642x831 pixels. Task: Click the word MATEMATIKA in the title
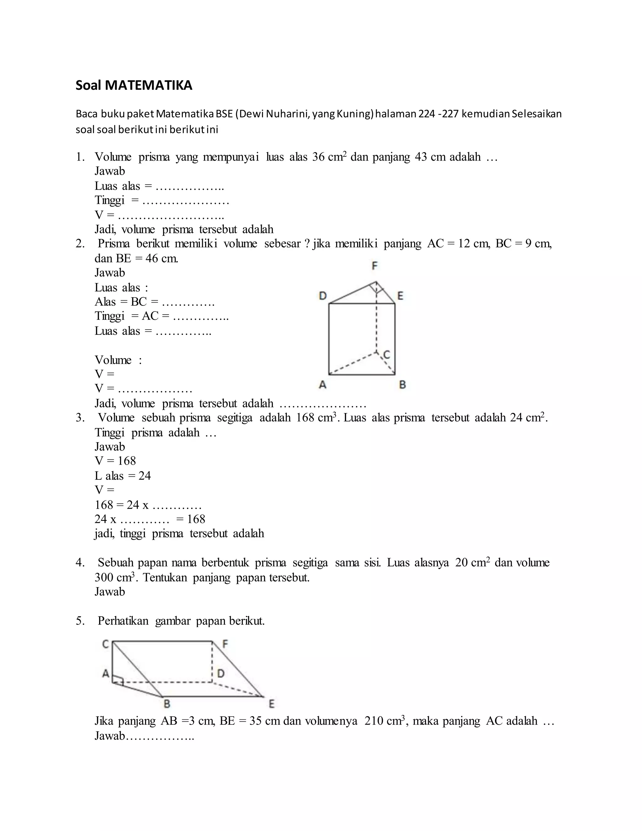148,86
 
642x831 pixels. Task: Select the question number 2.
80,244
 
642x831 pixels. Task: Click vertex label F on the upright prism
375,266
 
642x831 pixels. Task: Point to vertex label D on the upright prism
323,296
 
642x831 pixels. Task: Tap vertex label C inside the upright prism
387,355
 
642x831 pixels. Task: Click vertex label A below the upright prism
323,385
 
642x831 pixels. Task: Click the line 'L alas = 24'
123,476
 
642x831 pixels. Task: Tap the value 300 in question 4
105,578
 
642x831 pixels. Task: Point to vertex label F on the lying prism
225,644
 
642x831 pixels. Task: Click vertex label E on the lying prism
271,704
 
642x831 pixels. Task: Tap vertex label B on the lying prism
166,704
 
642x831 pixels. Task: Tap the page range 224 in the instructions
426,114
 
